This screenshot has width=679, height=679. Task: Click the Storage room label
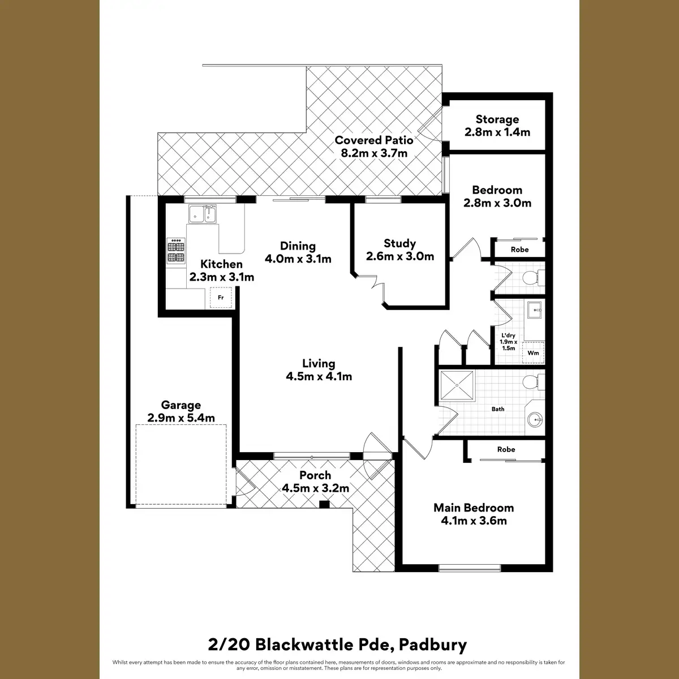pos(497,119)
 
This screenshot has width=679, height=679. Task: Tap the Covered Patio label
pos(373,140)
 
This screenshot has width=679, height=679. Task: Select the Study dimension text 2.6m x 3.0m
pos(399,256)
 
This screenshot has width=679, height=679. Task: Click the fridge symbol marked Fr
pos(221,297)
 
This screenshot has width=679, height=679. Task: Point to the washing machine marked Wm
pos(532,353)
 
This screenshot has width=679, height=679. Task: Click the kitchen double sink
pos(203,214)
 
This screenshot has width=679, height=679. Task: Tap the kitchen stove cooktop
pos(175,252)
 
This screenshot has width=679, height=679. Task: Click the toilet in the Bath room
pos(532,383)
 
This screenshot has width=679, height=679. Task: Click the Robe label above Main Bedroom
pos(506,449)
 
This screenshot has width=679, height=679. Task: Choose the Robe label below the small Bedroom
pos(519,250)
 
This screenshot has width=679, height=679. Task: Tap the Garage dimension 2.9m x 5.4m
pos(181,418)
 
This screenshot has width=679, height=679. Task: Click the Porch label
pos(315,475)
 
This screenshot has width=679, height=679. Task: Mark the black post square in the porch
pos(324,505)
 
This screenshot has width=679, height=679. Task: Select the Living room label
pos(319,363)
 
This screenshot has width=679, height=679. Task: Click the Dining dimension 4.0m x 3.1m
pos(298,259)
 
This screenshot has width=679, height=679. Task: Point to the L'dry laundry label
pos(508,336)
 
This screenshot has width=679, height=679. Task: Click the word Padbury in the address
pos(433,644)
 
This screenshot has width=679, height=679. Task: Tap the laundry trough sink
pos(534,310)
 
